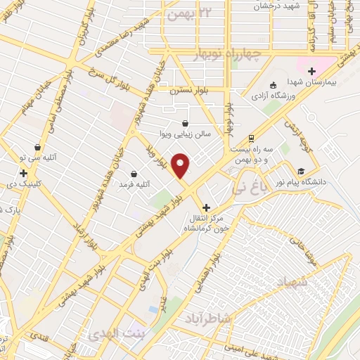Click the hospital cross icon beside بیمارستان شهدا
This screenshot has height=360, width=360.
coord(311,71)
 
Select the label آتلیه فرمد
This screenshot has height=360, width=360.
coord(134,184)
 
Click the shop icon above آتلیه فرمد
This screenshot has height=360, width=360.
coord(134,173)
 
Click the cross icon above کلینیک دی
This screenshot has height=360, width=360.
coord(23,172)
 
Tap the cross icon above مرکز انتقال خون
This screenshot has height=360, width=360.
coord(205,207)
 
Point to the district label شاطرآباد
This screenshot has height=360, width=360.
coord(208,319)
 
